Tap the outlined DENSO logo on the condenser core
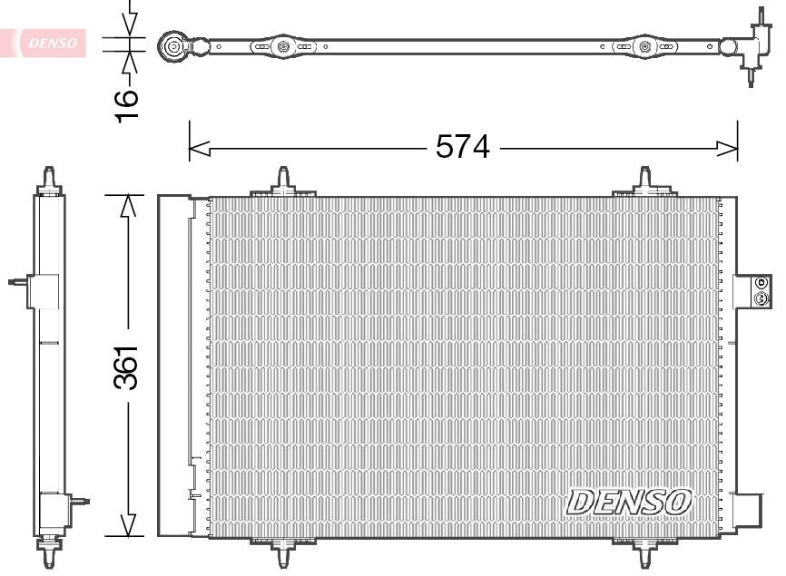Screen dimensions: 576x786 (629, 501)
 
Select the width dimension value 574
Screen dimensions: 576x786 (462, 146)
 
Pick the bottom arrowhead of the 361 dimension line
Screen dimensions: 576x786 (131, 525)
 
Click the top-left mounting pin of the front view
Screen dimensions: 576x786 (284, 179)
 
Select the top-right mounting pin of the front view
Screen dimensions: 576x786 (645, 179)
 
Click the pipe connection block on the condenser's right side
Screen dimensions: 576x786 (753, 290)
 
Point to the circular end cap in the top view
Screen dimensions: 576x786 (172, 45)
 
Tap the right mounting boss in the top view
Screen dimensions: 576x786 (645, 46)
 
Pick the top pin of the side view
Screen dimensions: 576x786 (50, 177)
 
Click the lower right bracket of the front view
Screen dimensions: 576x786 (750, 508)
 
